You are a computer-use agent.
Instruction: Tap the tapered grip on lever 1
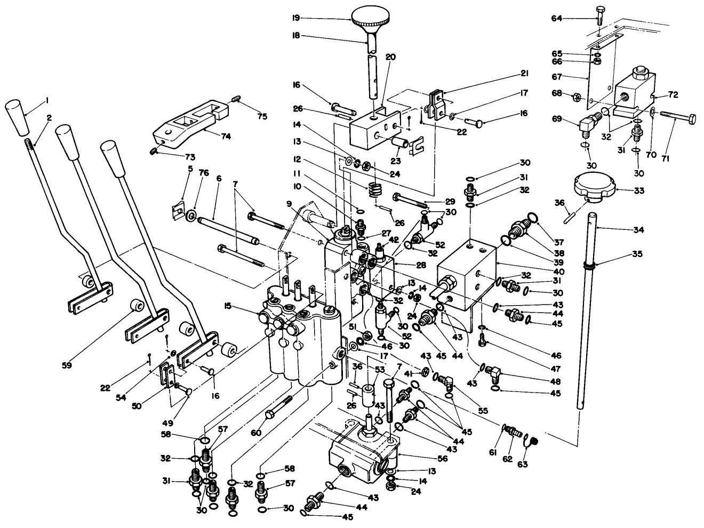(x=18, y=118)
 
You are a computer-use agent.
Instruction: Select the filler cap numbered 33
(x=595, y=188)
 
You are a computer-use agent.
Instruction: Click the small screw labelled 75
(x=237, y=98)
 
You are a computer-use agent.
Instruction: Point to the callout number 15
(x=228, y=306)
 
